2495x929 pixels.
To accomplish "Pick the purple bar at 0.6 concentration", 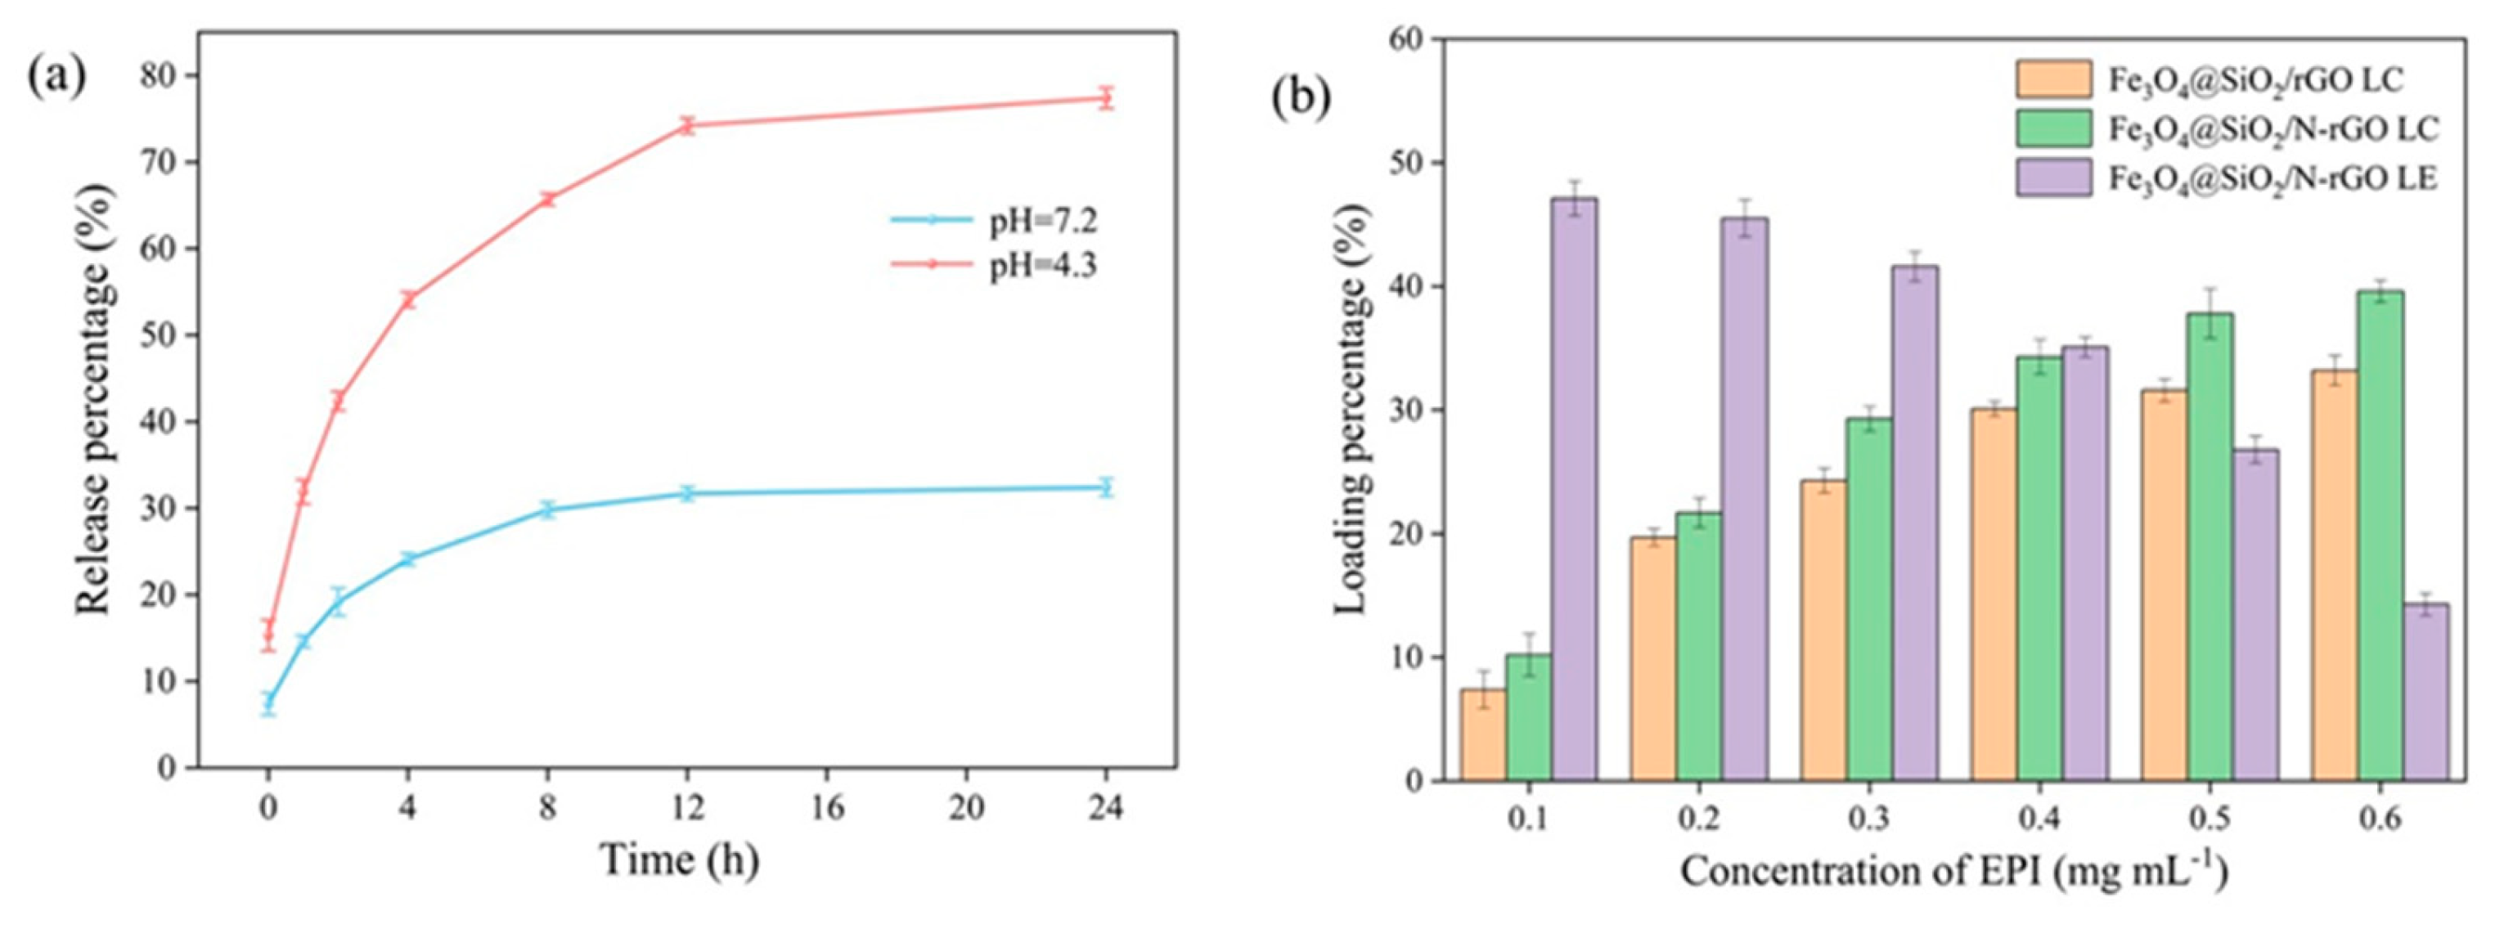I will click(2425, 692).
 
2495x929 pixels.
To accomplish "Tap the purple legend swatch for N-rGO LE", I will click(2053, 177).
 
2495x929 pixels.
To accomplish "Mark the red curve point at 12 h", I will click(688, 125).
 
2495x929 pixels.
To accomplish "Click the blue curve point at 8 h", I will click(547, 509).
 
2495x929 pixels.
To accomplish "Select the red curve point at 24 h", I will click(1106, 98).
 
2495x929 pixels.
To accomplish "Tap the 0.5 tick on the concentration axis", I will click(2210, 819).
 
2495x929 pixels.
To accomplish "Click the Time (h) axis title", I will click(679, 859).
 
